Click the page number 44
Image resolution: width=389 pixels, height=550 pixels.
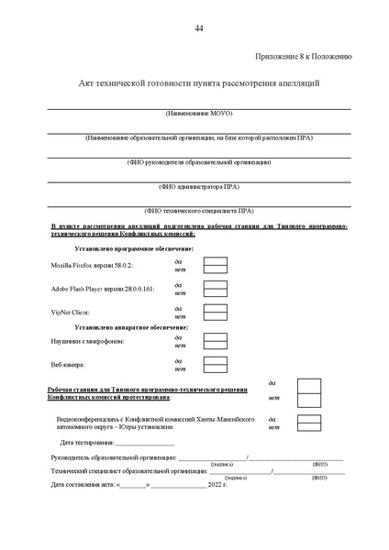199,27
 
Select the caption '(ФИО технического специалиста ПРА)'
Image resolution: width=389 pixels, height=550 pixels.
199,210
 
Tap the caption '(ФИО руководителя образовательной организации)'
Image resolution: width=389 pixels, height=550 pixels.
199,161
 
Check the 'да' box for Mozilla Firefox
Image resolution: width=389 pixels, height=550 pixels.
215,259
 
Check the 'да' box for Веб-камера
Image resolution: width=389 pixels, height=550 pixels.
215,359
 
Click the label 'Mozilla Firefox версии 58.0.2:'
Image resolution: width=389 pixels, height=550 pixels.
92,265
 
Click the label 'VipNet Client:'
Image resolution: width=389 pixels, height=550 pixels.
70,313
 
